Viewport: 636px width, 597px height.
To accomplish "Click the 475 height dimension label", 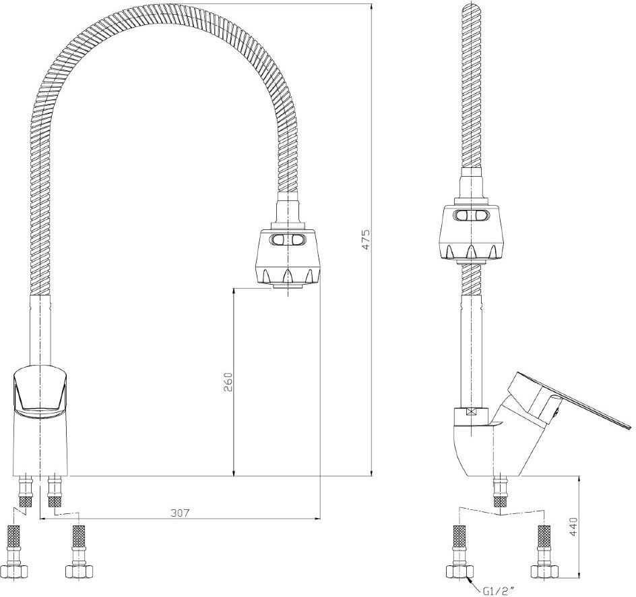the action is click(366, 239).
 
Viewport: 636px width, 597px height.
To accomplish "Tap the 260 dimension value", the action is click(228, 382).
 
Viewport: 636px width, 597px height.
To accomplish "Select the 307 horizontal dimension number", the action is click(180, 513).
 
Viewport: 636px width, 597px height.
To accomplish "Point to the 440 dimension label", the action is click(574, 526).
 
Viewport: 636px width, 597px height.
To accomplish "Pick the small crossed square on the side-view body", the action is click(472, 411).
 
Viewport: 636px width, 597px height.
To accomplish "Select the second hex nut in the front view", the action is click(79, 571).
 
